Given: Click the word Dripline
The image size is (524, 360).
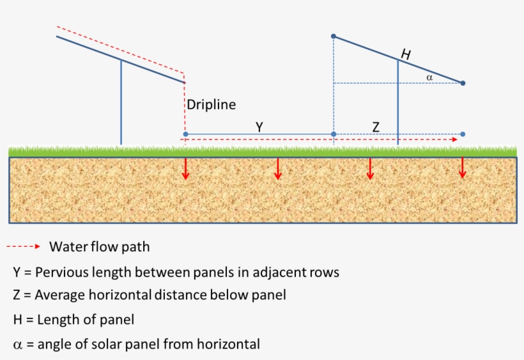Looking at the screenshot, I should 211,105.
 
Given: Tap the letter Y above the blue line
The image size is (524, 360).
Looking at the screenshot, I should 259,127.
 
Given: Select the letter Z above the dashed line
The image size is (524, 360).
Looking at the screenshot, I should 376,127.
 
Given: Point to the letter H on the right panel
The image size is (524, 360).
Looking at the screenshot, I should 405,56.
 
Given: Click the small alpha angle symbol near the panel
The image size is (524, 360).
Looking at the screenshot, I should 429,77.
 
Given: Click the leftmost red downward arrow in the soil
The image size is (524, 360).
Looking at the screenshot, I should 185,168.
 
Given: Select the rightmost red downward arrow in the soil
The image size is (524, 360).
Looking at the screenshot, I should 462,168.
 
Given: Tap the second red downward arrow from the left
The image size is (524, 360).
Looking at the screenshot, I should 277,168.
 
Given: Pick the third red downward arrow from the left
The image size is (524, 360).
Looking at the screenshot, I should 369,168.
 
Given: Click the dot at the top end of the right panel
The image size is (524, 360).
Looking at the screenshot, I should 334,36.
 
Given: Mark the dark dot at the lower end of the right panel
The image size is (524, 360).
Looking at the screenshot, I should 463,83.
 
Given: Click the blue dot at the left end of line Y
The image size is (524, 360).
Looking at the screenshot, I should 185,134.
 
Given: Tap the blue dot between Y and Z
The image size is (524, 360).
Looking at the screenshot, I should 334,134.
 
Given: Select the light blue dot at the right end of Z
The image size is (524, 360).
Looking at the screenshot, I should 463,134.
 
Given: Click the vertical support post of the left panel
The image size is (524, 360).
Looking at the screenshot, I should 121,102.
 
